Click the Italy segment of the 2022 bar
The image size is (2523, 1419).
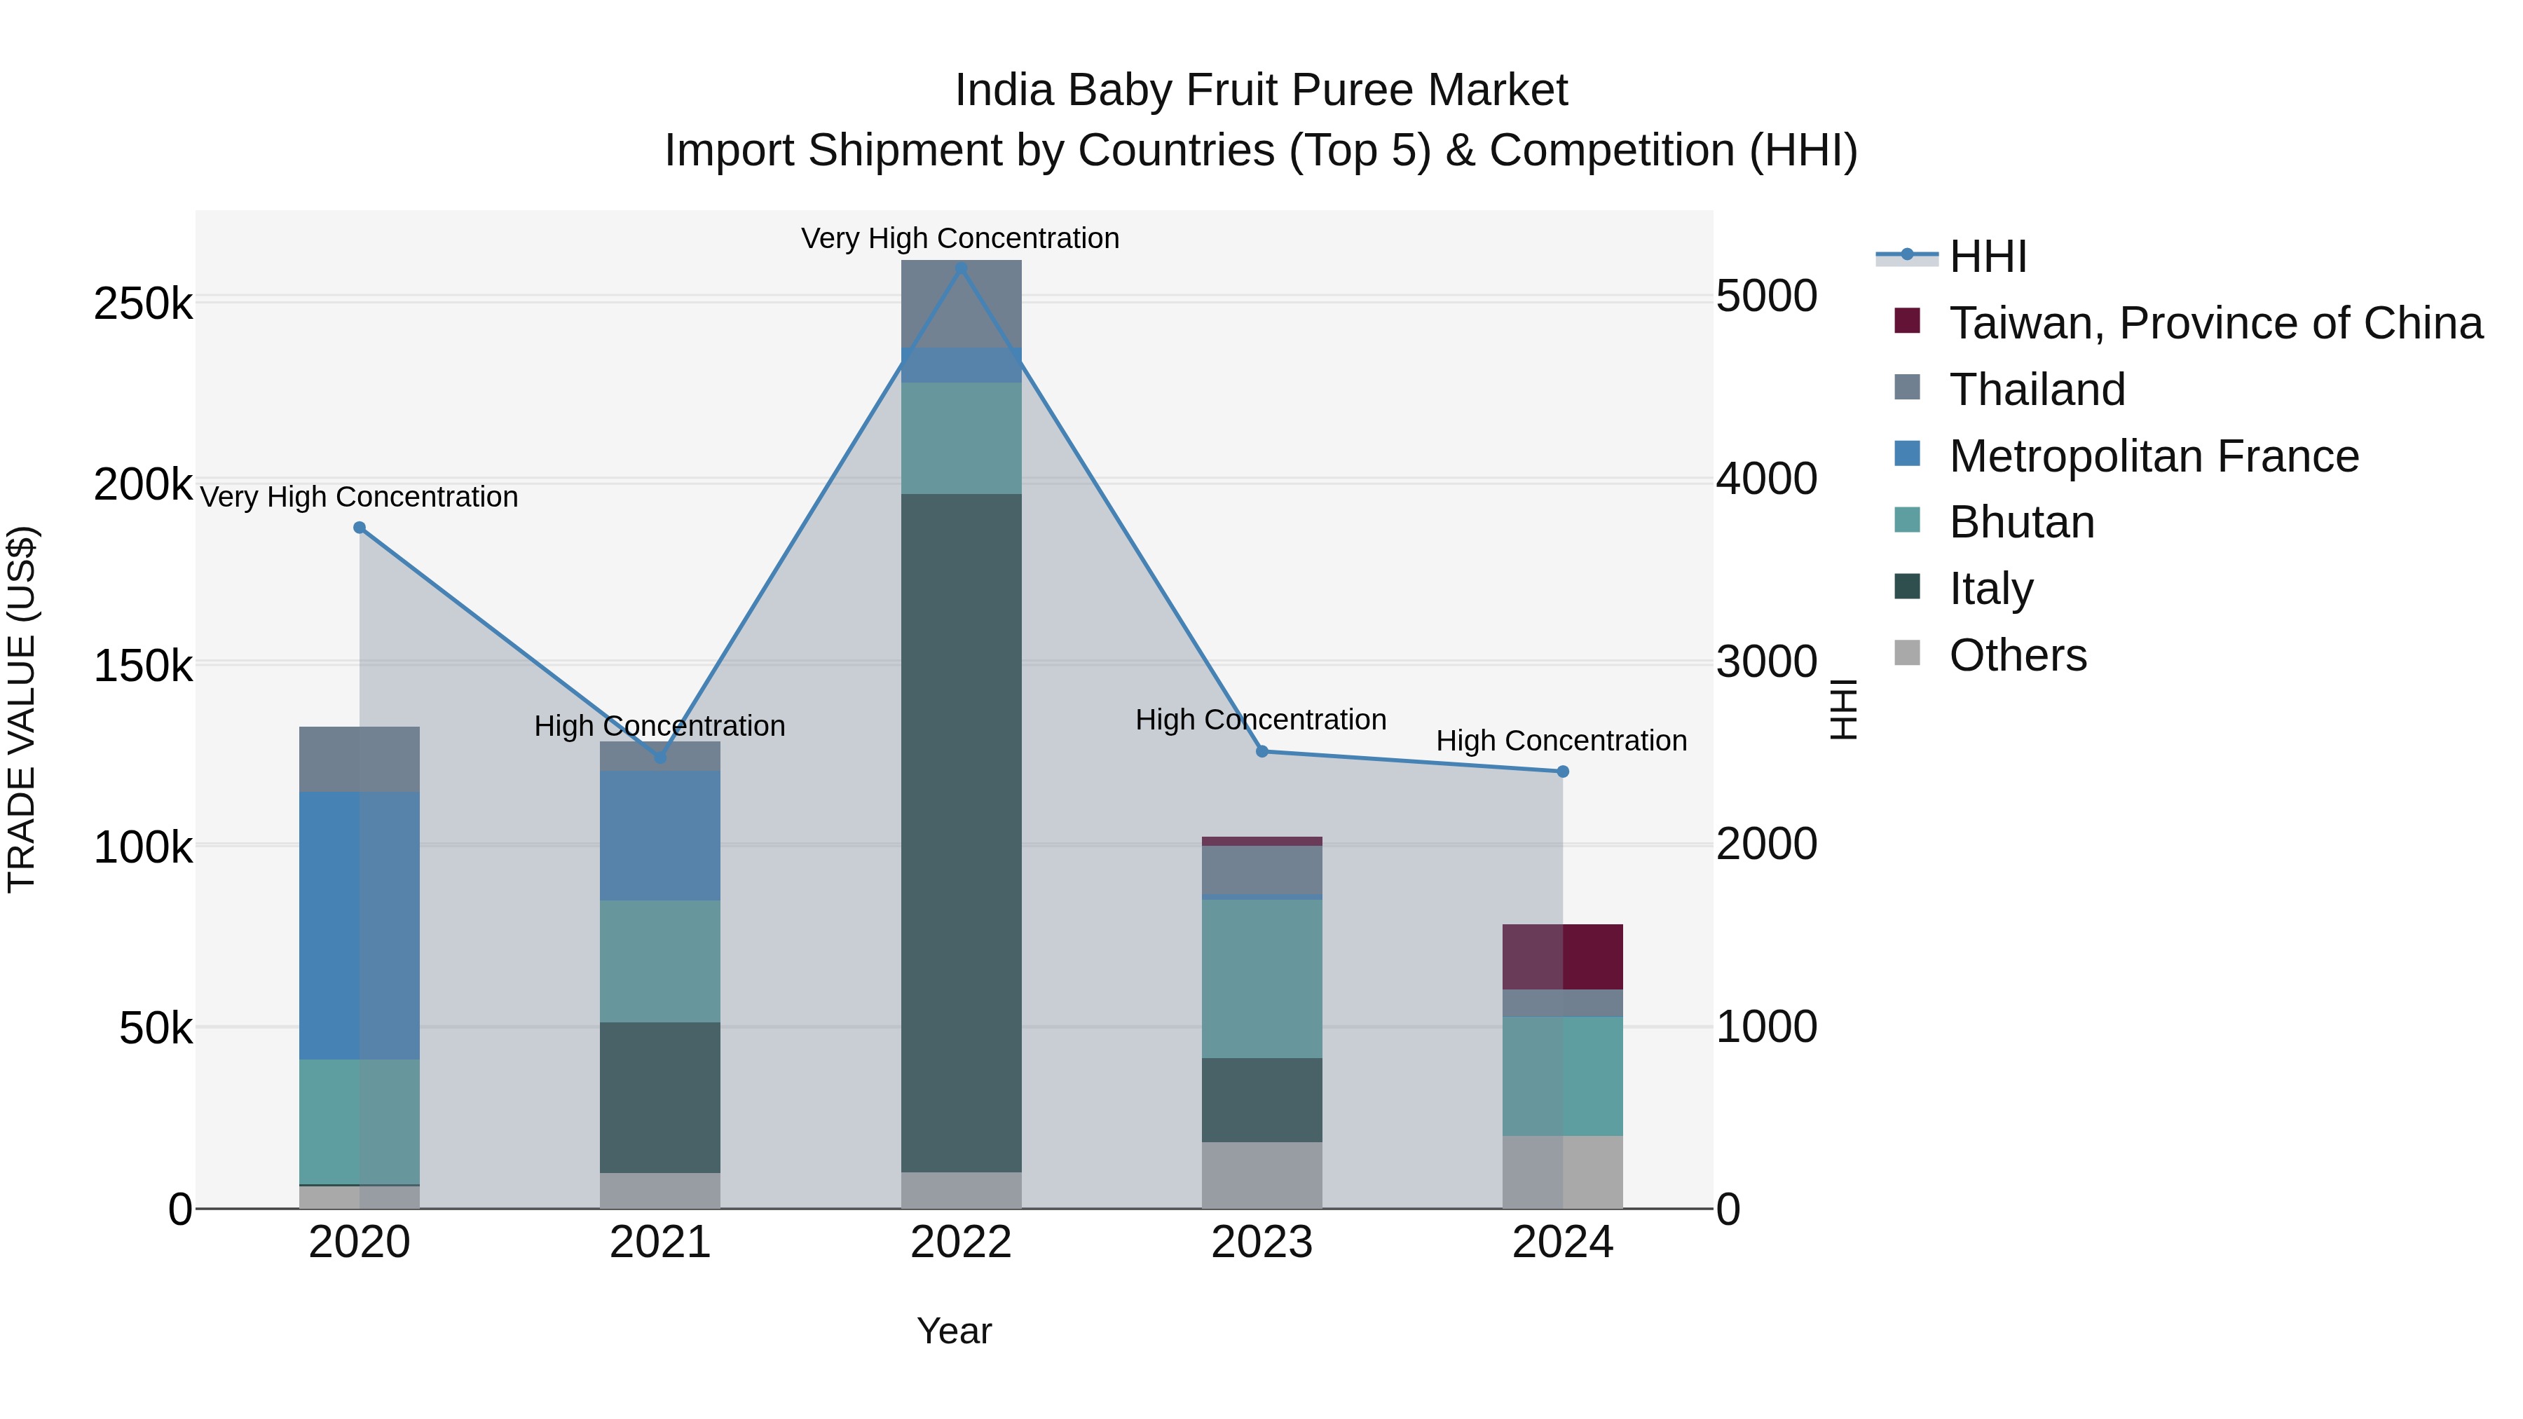pyautogui.click(x=961, y=832)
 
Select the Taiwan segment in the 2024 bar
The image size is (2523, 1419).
pyautogui.click(x=1562, y=957)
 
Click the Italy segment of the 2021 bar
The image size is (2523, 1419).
pyautogui.click(x=659, y=1097)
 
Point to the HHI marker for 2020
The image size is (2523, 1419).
pyautogui.click(x=360, y=528)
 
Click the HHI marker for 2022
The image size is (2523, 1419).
pyautogui.click(x=961, y=268)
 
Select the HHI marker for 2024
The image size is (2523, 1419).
pyautogui.click(x=1562, y=772)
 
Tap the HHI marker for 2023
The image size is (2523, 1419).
pyautogui.click(x=1261, y=751)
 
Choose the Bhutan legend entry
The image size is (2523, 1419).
pyautogui.click(x=2021, y=523)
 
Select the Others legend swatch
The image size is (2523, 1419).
pyautogui.click(x=1907, y=653)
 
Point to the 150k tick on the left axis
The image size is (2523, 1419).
pyautogui.click(x=143, y=667)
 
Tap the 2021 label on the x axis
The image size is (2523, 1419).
pyautogui.click(x=659, y=1242)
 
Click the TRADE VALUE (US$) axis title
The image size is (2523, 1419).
pyautogui.click(x=22, y=709)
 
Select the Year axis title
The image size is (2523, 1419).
pyautogui.click(x=954, y=1331)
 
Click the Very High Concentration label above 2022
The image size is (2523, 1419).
pyautogui.click(x=960, y=238)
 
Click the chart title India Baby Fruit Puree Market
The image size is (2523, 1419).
pyautogui.click(x=1261, y=90)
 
